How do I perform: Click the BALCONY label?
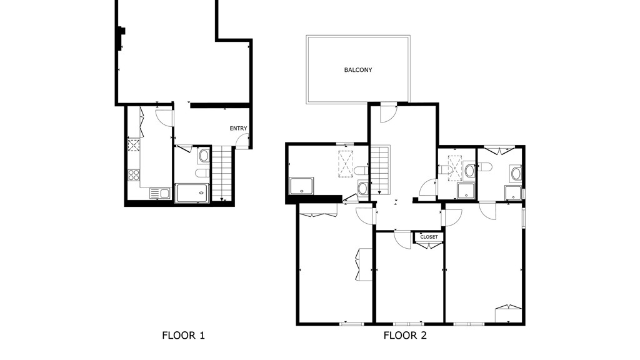pos(358,70)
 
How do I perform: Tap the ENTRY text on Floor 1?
pos(238,128)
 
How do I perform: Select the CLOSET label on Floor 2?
pos(429,237)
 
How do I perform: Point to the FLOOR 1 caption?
pos(183,336)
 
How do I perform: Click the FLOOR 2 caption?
pos(405,336)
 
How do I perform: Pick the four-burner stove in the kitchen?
pos(134,175)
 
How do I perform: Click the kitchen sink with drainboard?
pos(160,193)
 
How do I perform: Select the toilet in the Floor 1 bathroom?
pos(203,173)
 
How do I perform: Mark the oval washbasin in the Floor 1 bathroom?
pos(204,156)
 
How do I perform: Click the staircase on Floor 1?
pos(222,174)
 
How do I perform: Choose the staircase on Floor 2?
pos(380,170)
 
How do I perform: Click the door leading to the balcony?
pos(388,113)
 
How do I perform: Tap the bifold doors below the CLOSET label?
pos(429,245)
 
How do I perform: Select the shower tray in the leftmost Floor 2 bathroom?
pos(302,186)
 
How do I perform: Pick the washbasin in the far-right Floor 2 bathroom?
pos(516,174)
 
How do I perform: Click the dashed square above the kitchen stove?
pos(134,145)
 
